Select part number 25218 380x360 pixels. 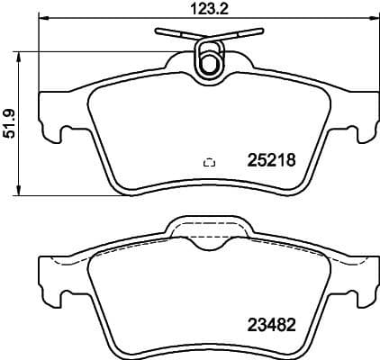click(x=271, y=162)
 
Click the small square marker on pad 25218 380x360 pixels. click(x=209, y=163)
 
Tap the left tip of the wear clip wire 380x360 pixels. click(x=157, y=32)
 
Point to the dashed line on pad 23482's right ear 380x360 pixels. click(x=347, y=265)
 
